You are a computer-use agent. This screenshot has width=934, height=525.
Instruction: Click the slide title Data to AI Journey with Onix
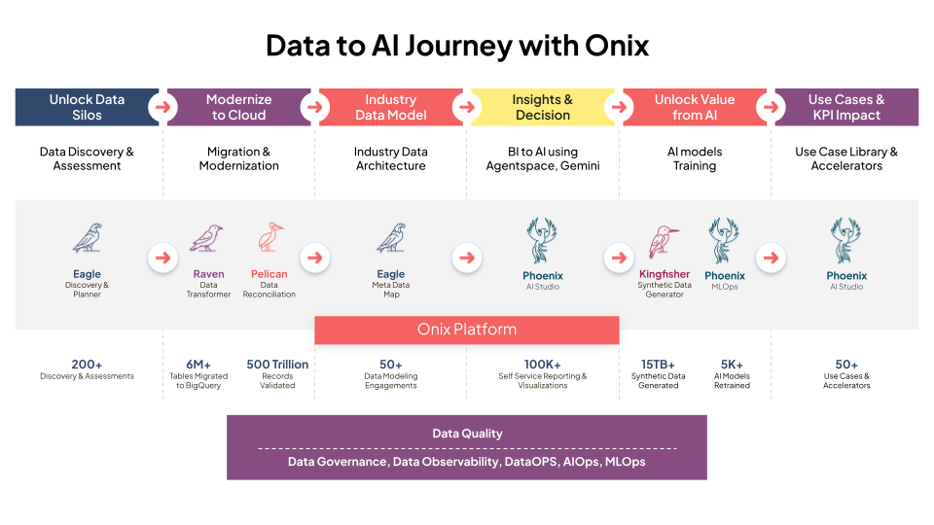pyautogui.click(x=457, y=46)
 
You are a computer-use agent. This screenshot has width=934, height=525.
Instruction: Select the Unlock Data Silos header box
pyautogui.click(x=87, y=107)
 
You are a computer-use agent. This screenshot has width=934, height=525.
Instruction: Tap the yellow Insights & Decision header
pyautogui.click(x=542, y=107)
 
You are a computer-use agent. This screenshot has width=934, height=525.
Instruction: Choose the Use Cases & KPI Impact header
pyautogui.click(x=845, y=107)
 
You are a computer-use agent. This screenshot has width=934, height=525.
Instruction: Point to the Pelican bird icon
pyautogui.click(x=269, y=238)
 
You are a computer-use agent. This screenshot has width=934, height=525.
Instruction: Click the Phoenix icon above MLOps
pyautogui.click(x=725, y=240)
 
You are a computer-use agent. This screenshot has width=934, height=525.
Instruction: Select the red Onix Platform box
pyautogui.click(x=466, y=329)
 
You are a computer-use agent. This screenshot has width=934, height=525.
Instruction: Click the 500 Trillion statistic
pyautogui.click(x=277, y=365)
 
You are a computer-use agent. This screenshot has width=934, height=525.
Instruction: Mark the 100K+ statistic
pyautogui.click(x=542, y=365)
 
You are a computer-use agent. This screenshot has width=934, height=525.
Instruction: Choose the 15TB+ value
pyautogui.click(x=658, y=365)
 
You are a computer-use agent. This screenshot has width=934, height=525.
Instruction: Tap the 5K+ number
pyautogui.click(x=732, y=365)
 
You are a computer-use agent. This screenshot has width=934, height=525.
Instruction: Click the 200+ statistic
pyautogui.click(x=88, y=365)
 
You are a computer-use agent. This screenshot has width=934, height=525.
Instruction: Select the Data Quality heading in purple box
pyautogui.click(x=467, y=434)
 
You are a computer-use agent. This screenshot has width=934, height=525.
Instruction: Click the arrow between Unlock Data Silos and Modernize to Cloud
pyautogui.click(x=162, y=107)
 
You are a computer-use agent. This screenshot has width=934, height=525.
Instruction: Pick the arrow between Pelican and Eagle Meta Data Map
pyautogui.click(x=313, y=259)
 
